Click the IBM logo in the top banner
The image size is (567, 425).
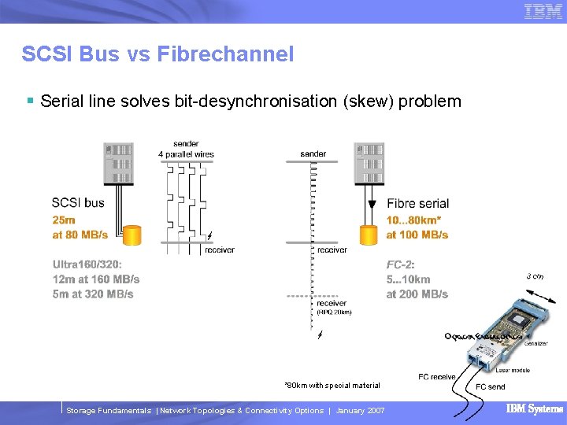click(x=543, y=11)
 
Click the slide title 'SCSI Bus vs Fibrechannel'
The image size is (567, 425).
click(x=157, y=54)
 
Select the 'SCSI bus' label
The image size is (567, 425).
click(x=78, y=203)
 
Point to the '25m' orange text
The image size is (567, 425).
click(x=64, y=220)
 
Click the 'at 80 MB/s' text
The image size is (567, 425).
click(x=80, y=235)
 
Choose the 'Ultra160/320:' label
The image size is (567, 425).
click(x=87, y=264)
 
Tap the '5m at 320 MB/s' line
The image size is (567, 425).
click(x=93, y=294)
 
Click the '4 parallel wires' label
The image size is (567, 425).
click(x=186, y=154)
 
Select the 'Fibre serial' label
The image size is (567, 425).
click(x=417, y=204)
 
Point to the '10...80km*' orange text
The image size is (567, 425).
click(x=413, y=220)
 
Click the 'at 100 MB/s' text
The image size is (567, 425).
click(x=417, y=235)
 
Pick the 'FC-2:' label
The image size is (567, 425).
click(x=401, y=264)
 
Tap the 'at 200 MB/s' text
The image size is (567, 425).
click(x=417, y=294)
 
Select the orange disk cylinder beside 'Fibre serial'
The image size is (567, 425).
click(x=367, y=234)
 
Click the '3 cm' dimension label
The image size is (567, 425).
click(x=535, y=276)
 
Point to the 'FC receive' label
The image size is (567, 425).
click(x=437, y=377)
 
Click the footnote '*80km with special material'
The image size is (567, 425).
click(x=332, y=385)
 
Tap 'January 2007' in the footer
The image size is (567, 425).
click(x=360, y=411)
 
